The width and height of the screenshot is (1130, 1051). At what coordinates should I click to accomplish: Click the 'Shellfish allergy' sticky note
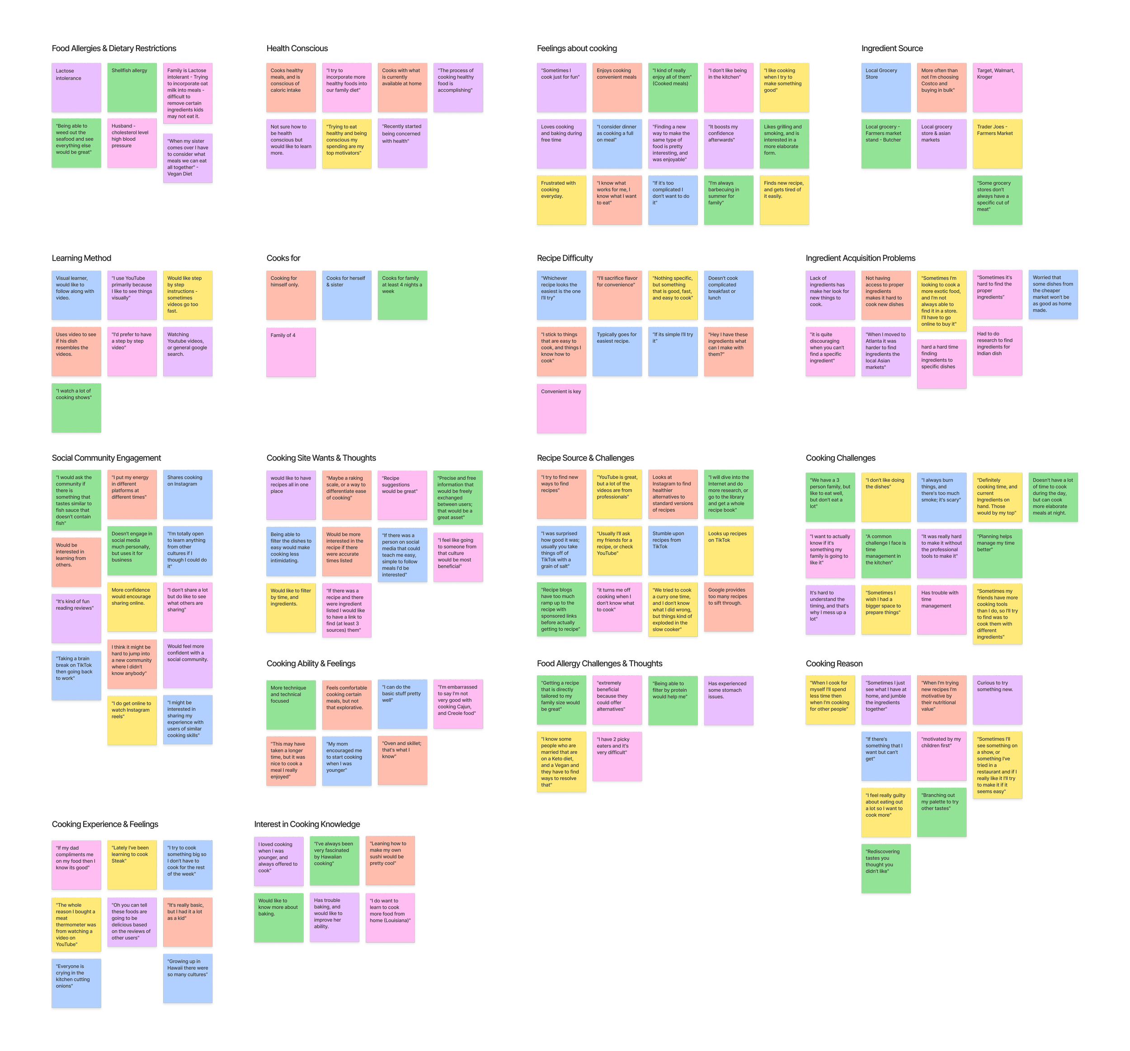132,88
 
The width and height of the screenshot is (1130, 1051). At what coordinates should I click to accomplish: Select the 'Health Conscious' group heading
297,49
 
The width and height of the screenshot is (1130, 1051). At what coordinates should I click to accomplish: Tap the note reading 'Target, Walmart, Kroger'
997,88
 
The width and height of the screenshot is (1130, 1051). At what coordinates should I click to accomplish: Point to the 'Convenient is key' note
561,408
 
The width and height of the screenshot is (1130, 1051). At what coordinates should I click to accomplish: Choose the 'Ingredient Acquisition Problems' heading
860,258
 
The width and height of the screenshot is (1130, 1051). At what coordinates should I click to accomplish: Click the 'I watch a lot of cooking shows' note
76,408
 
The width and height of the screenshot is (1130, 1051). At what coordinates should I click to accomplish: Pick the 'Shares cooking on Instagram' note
188,494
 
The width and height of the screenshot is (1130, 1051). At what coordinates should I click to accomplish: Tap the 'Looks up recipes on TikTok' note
729,551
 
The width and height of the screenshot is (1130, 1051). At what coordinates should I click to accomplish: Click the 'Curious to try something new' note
997,699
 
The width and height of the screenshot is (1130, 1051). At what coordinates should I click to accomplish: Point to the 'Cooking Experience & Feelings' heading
104,824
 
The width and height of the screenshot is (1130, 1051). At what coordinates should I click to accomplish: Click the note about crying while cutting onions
76,983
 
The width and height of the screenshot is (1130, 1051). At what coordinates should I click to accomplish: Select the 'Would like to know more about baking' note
278,917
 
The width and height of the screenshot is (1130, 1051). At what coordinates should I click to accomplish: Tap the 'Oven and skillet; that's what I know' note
402,761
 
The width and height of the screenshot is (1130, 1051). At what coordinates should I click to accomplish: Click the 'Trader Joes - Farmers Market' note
997,144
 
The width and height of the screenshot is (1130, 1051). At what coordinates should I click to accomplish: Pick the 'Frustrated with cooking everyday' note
561,200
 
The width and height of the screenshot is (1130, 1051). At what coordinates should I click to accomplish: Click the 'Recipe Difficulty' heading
565,258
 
